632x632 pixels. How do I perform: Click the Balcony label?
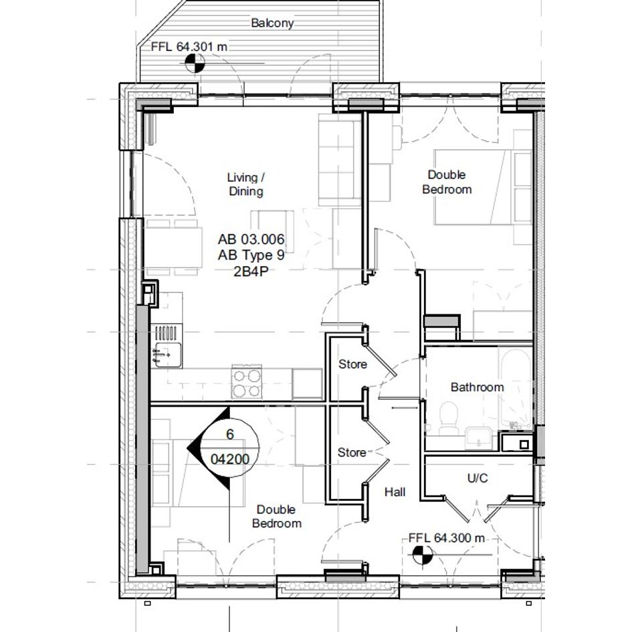[272, 23]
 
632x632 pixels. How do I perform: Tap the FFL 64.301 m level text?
[189, 47]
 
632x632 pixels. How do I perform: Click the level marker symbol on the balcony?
[195, 64]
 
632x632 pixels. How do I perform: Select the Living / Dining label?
[246, 184]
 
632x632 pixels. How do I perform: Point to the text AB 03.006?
[251, 239]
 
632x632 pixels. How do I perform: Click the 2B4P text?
[251, 272]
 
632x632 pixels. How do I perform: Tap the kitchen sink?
[167, 354]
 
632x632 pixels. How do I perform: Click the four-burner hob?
[247, 383]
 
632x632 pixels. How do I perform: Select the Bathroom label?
[478, 387]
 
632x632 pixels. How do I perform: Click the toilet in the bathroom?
[449, 418]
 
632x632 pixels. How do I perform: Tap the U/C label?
[478, 478]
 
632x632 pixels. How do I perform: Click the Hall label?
[395, 492]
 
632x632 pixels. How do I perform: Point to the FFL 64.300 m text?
[447, 538]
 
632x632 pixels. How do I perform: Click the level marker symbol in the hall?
[423, 555]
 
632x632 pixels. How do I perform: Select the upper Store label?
[352, 364]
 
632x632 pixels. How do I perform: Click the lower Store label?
[352, 453]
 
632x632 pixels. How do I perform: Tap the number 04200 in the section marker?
[230, 459]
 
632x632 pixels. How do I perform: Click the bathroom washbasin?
[478, 438]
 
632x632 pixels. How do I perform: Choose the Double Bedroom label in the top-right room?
[447, 182]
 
